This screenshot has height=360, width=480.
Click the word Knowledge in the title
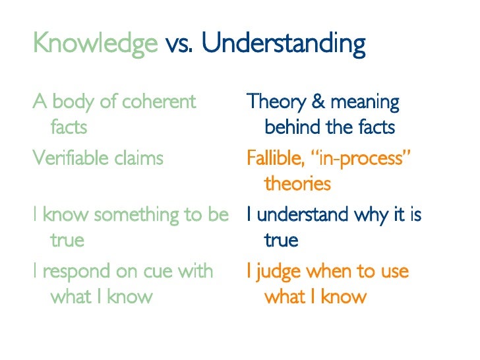pyautogui.click(x=95, y=44)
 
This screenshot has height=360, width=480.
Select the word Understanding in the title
pyautogui.click(x=284, y=44)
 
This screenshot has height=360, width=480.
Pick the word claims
pyautogui.click(x=140, y=158)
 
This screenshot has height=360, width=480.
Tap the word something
pyautogui.click(x=136, y=215)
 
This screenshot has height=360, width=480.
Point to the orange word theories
pyautogui.click(x=297, y=183)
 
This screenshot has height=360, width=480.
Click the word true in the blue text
pyautogui.click(x=281, y=240)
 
